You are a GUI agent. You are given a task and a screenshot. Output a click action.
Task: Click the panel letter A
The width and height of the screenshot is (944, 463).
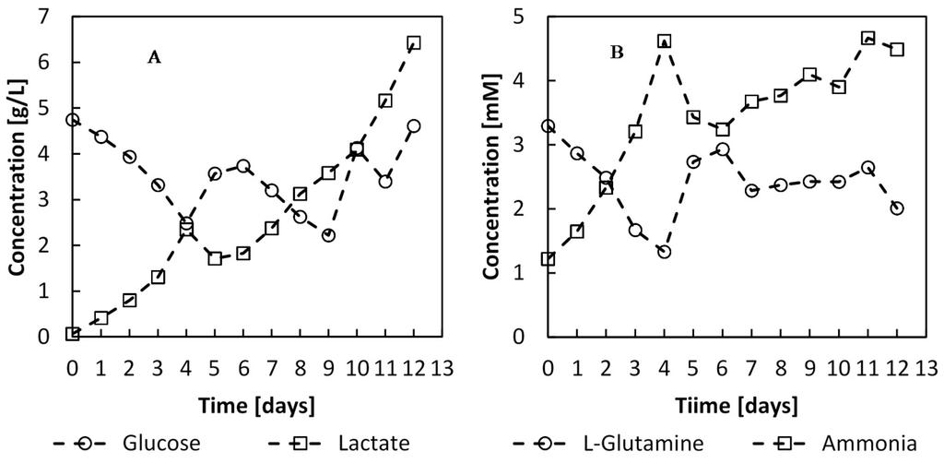[x=154, y=57]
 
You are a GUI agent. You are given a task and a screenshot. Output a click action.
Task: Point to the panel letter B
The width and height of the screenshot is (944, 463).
[x=617, y=53]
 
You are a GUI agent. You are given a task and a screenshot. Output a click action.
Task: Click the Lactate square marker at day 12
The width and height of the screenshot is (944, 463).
[x=414, y=42]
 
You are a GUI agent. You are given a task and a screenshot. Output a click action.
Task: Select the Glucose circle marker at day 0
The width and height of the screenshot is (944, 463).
[x=73, y=120]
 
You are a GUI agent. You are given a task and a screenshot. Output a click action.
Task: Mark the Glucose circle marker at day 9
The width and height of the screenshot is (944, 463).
[x=328, y=235]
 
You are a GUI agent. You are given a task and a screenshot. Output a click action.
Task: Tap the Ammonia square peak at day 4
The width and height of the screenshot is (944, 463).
[x=664, y=41]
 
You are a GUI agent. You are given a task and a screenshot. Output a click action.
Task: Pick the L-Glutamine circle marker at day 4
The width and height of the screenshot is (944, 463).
[x=664, y=251]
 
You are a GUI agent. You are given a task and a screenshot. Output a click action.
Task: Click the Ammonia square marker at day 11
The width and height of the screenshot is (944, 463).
[x=867, y=38]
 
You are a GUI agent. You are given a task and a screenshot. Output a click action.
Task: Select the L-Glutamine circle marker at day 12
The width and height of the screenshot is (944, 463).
[x=897, y=208]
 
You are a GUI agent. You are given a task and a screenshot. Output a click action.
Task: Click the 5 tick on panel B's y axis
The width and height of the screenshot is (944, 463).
[x=530, y=17]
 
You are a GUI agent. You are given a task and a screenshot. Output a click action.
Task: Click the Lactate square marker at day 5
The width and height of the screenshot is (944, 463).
[x=215, y=258]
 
